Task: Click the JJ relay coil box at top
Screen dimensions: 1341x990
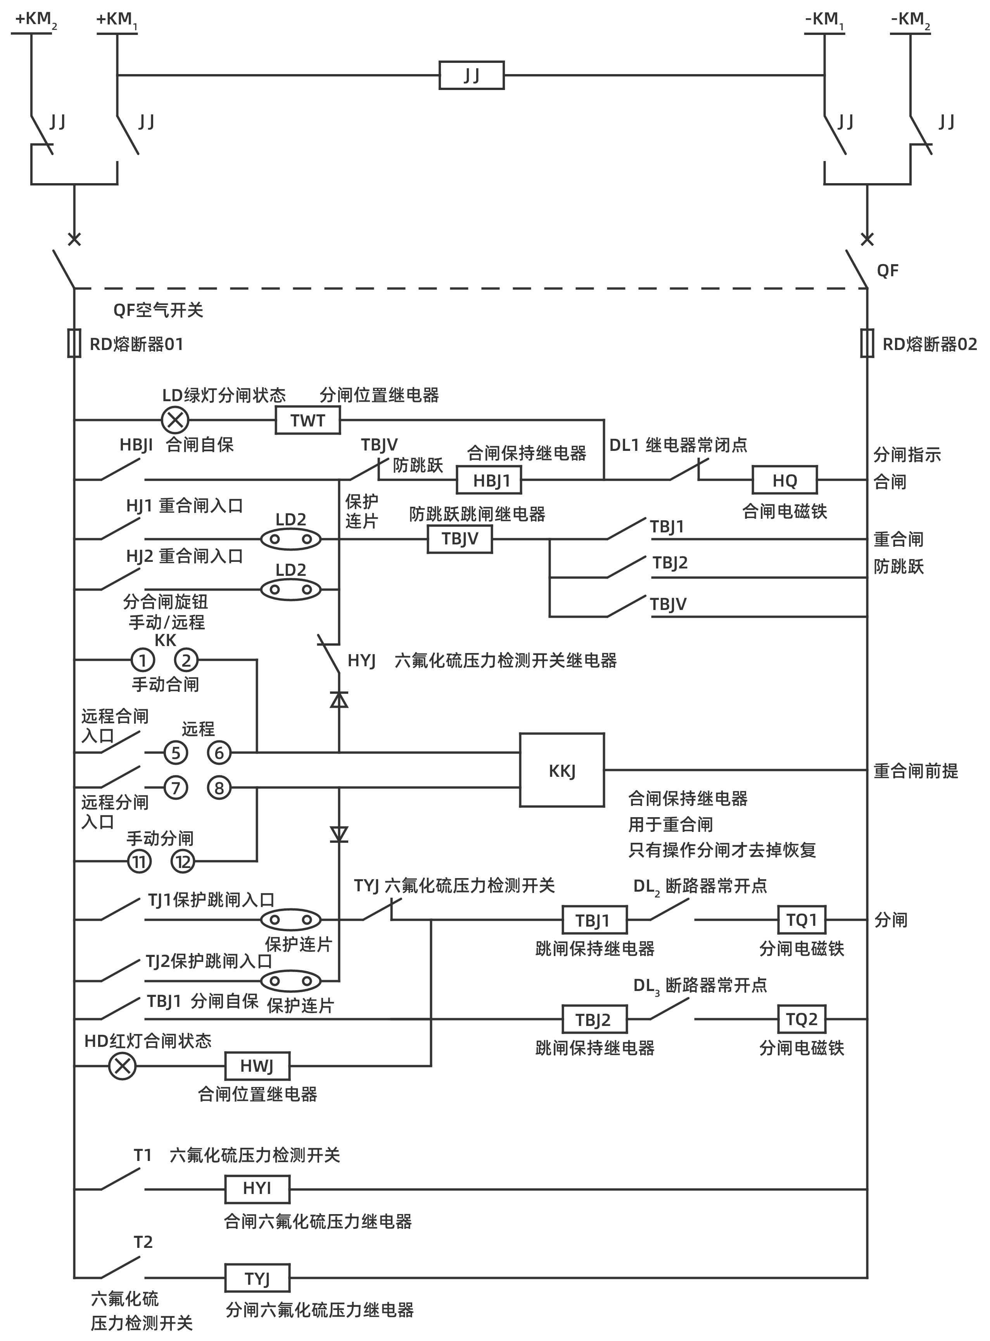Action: (x=471, y=76)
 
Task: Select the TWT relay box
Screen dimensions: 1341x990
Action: (x=308, y=420)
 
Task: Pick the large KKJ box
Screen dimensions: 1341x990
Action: (x=562, y=770)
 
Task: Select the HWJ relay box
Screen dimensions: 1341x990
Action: (x=257, y=1066)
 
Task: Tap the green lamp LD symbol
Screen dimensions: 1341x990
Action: (x=175, y=420)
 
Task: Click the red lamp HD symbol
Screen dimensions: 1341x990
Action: (x=122, y=1066)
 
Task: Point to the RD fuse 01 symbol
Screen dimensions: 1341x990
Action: (x=74, y=343)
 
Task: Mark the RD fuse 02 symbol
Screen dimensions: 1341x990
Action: (x=867, y=343)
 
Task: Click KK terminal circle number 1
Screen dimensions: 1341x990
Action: (x=143, y=660)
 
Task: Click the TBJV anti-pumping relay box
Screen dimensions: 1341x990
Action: (x=460, y=539)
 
